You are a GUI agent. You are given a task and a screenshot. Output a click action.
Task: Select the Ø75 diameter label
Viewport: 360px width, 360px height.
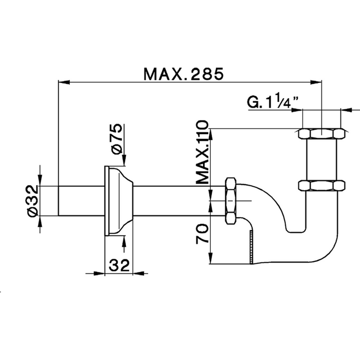(x=116, y=138)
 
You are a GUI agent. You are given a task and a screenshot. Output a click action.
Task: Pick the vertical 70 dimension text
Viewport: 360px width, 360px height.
(x=203, y=232)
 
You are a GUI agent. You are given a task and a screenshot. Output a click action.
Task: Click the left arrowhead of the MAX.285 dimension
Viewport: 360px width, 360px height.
(x=62, y=81)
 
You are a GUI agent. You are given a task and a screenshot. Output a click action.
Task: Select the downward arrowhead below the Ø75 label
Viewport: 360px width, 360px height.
(x=123, y=162)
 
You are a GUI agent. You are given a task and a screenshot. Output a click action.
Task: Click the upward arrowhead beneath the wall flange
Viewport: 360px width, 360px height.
(x=123, y=239)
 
